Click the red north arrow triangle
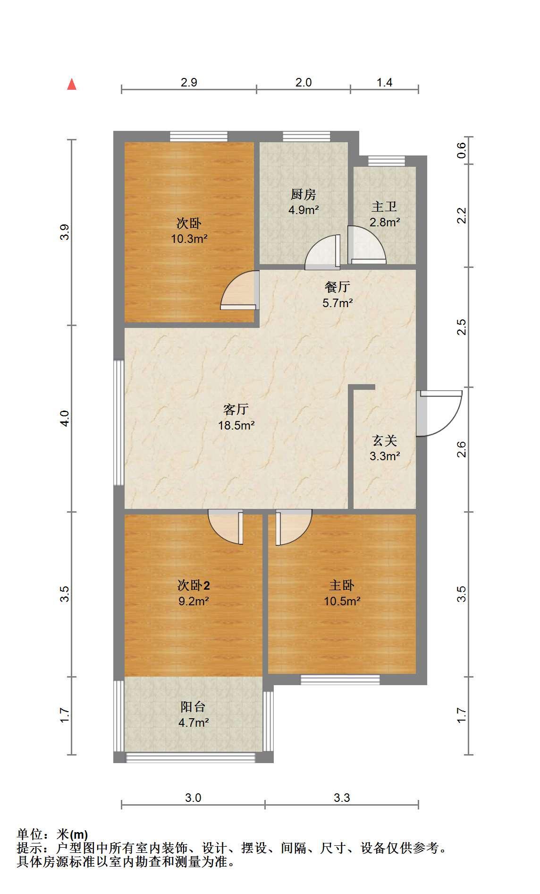[x=72, y=84]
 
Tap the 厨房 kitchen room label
[x=304, y=194]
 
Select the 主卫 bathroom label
[x=384, y=206]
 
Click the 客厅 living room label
[x=236, y=409]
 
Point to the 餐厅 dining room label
[x=337, y=287]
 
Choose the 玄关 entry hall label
[x=385, y=440]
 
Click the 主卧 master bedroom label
[x=342, y=585]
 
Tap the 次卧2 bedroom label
[x=194, y=585]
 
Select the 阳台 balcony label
[x=194, y=707]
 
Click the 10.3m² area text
[x=189, y=239]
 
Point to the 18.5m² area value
[x=236, y=425]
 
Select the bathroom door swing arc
[x=367, y=245]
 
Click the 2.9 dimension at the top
[x=189, y=82]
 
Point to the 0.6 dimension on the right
[x=462, y=150]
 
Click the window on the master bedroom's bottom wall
[x=340, y=680]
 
